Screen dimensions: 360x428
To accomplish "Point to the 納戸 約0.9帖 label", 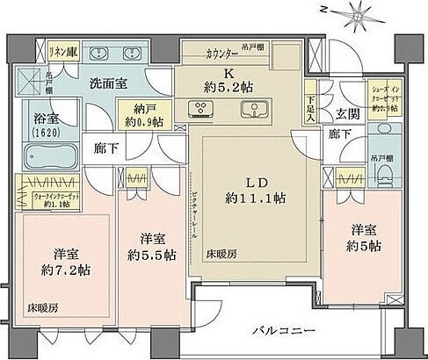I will click(137, 113).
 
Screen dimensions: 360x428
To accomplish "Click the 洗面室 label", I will click(109, 84).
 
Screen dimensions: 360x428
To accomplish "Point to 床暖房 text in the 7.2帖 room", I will click(38, 308).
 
